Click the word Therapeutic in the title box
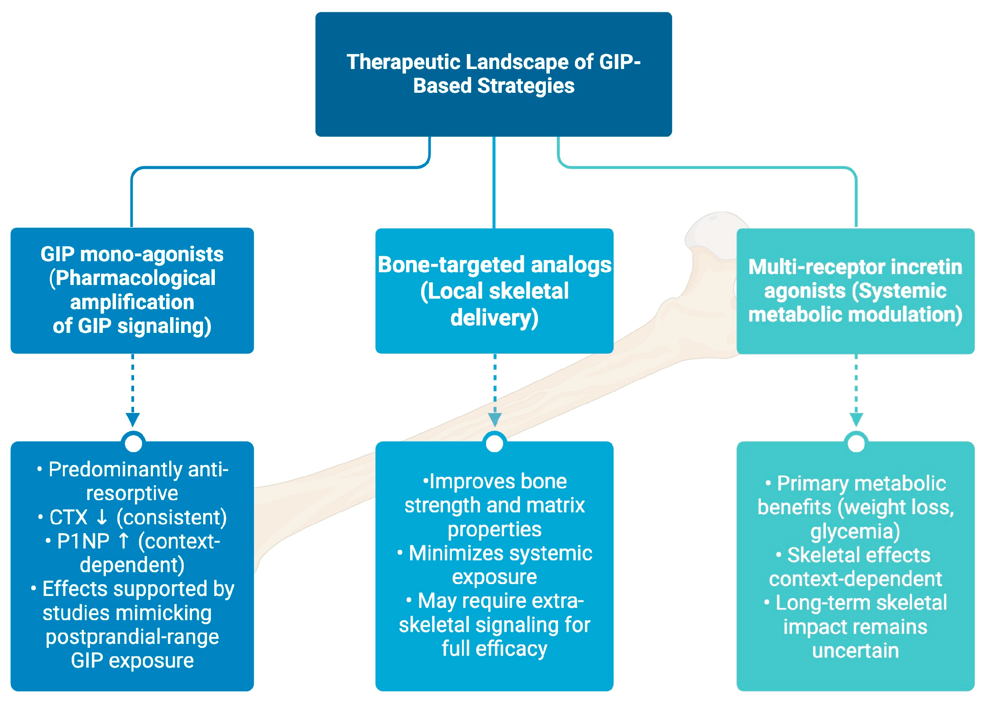403,62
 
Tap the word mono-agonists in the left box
152,254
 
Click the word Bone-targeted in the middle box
451,265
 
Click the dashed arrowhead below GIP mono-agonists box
133,420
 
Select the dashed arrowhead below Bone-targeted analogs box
495,420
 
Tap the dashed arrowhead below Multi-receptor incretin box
856,420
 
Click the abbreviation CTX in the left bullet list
69,517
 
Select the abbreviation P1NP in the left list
84,541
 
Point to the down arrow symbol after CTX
102,517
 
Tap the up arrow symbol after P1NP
124,541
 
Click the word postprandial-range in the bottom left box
132,637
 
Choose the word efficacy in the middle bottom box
512,649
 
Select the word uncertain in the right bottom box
856,651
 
